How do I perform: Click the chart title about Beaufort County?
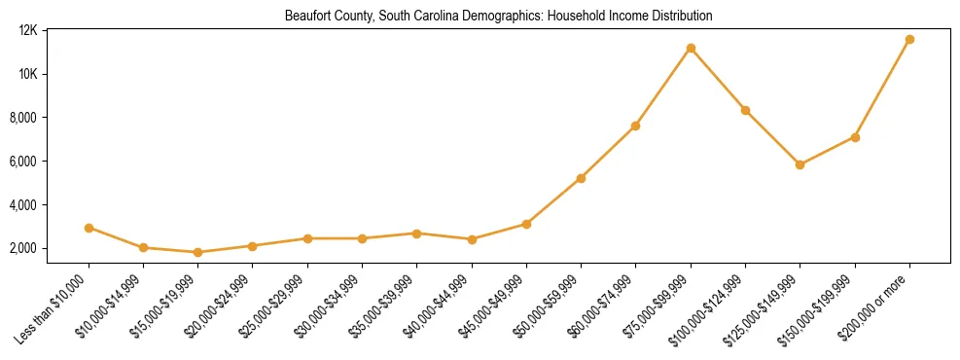(498, 17)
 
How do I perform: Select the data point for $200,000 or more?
(909, 40)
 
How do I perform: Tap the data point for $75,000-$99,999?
(691, 48)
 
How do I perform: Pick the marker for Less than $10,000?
(89, 228)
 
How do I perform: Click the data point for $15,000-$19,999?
(197, 252)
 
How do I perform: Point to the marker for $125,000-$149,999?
(800, 164)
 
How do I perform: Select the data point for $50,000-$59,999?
(581, 178)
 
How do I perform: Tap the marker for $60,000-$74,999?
(635, 126)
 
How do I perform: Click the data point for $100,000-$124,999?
(745, 110)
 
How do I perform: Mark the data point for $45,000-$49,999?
(526, 224)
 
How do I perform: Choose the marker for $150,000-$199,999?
(855, 137)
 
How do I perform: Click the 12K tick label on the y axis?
(27, 30)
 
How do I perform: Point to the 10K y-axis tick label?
(27, 74)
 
